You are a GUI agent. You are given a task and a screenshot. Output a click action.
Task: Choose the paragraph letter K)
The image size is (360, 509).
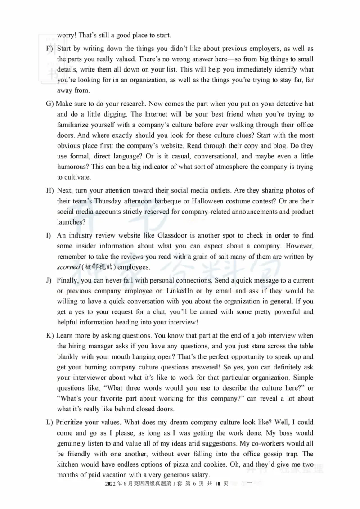point(50,336)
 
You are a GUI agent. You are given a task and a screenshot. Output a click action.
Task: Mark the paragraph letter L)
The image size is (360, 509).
point(49,422)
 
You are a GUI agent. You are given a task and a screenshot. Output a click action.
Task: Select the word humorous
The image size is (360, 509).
point(73,167)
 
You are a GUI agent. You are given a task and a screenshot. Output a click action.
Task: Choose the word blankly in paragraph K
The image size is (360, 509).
point(68,357)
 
